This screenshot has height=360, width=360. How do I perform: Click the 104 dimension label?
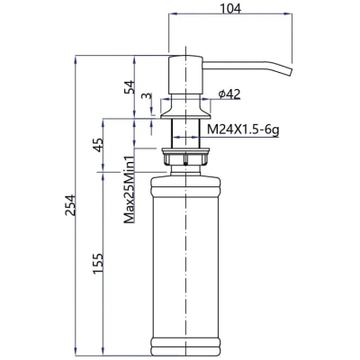tap(230, 9)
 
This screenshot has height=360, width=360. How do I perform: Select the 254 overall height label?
tap(70, 205)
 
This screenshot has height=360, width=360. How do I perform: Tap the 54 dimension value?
tap(129, 87)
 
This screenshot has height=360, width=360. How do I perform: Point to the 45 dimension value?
tap(98, 145)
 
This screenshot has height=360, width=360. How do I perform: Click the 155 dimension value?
tap(98, 264)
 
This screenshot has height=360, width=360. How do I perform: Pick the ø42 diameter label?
tap(229, 94)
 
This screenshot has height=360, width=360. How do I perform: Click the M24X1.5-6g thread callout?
tap(243, 130)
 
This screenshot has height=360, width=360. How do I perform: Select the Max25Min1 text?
tap(129, 190)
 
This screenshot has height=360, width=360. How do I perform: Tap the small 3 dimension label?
tap(146, 95)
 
